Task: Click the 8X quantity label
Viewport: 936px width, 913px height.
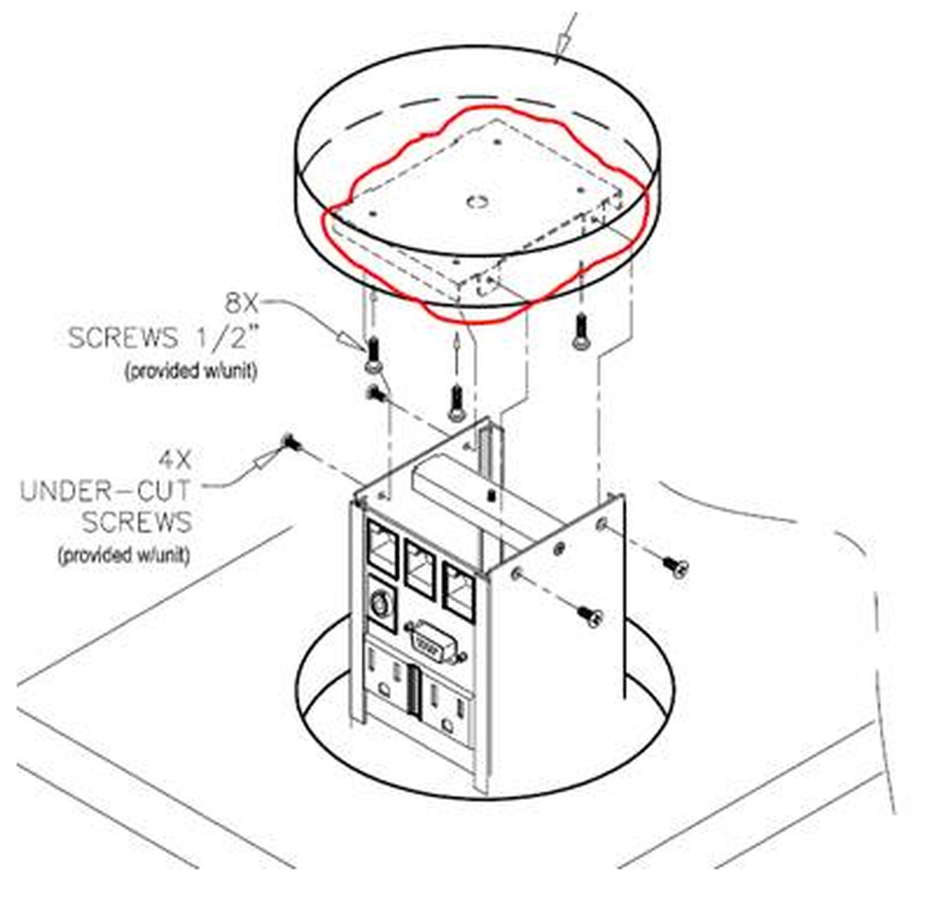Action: pos(242,304)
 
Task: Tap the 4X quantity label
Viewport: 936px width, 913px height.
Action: pos(175,461)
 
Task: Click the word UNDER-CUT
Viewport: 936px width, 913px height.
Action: pos(105,492)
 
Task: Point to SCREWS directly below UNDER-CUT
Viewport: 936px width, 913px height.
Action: pos(137,522)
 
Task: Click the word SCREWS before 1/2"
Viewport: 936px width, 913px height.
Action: pos(123,338)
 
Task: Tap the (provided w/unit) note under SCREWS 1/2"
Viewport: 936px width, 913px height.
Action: pos(191,371)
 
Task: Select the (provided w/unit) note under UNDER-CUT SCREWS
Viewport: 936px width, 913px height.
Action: pos(124,555)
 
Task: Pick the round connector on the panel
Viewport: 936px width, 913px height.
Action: pos(380,604)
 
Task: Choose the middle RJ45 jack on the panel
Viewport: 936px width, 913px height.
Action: pos(420,570)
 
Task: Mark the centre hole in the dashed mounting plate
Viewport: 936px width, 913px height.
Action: pos(477,201)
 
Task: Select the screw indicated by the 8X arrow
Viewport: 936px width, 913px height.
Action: pos(374,354)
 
